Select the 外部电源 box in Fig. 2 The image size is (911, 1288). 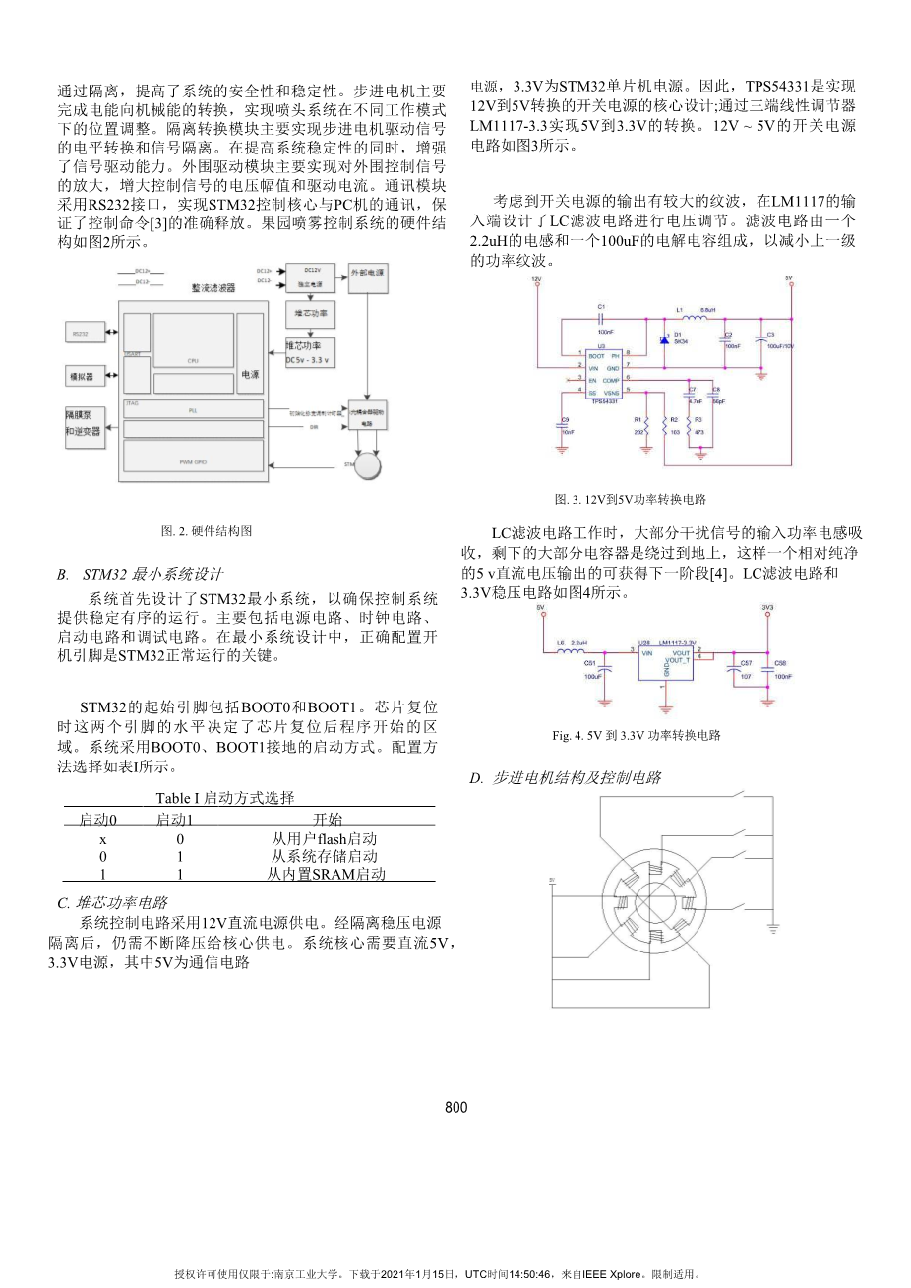click(367, 274)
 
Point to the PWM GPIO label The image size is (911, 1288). click(193, 460)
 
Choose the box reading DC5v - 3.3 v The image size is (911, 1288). click(309, 353)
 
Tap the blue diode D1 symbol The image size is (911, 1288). click(665, 339)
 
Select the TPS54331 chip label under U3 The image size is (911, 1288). click(604, 400)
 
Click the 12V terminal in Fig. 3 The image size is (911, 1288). click(536, 280)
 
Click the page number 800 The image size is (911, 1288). click(456, 1107)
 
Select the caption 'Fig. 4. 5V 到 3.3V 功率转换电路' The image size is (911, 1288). click(637, 735)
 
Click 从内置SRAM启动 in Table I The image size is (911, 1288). click(326, 874)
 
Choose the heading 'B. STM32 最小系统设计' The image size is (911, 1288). click(140, 574)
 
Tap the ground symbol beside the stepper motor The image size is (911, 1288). click(773, 927)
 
